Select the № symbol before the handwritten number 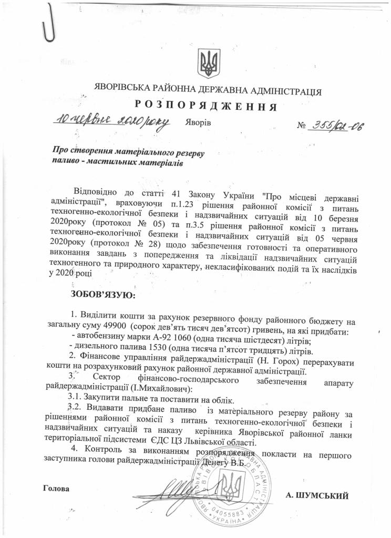click(x=302, y=126)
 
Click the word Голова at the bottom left click(x=56, y=488)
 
